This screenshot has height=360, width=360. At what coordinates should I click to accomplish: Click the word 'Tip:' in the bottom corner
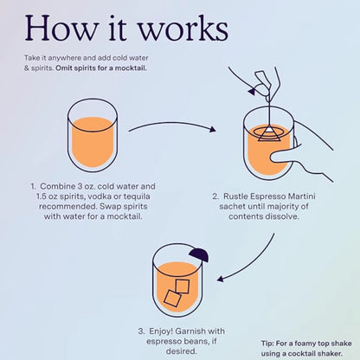(x=269, y=342)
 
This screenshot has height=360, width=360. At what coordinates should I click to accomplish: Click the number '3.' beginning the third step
(x=141, y=331)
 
